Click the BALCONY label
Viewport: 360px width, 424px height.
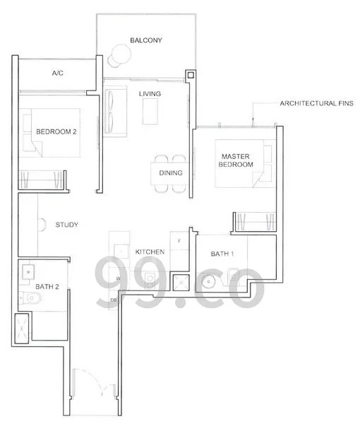coord(146,40)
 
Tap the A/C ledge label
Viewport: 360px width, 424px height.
coord(59,73)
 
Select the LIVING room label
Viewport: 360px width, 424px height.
coord(149,94)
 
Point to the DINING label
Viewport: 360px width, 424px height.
coord(171,172)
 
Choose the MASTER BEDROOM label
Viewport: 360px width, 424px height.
coord(236,160)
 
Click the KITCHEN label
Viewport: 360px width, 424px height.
coord(150,252)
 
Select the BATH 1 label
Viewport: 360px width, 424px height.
coord(224,254)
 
